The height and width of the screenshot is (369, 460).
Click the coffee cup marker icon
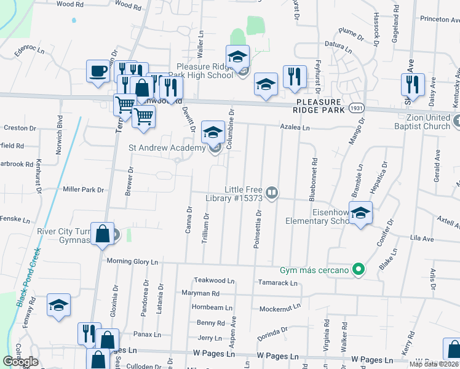coord(98,71)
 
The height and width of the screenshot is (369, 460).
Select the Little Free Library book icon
coord(272,193)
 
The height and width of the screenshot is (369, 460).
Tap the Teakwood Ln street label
coord(214,280)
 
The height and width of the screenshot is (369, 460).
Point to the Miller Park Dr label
coord(83,189)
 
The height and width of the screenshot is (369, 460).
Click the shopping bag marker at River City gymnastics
coord(103,234)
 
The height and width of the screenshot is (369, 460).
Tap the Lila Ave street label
coord(422,238)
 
